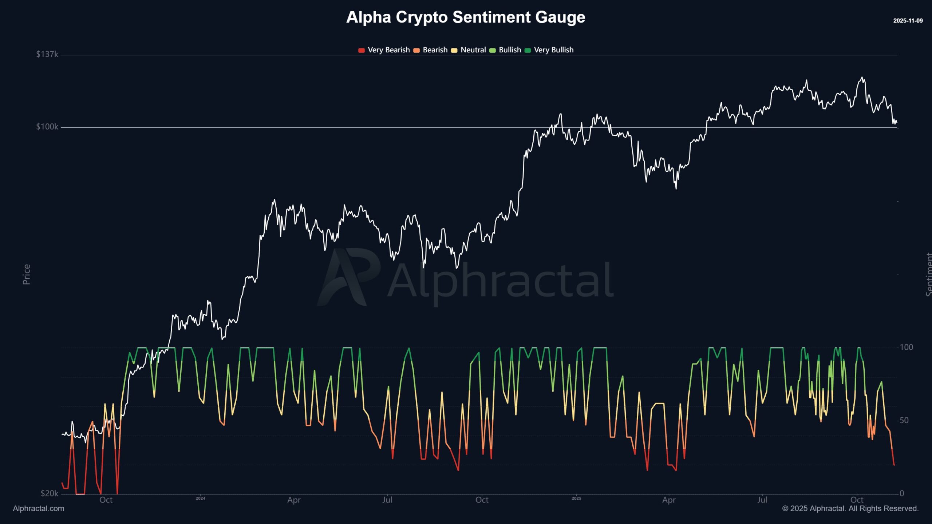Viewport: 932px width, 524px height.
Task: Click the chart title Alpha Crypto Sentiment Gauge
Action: [466, 17]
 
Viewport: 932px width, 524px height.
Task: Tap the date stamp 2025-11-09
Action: [908, 21]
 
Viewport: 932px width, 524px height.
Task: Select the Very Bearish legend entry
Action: [384, 50]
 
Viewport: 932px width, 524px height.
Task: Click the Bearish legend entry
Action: [431, 50]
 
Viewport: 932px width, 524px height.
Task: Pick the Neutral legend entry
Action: [469, 50]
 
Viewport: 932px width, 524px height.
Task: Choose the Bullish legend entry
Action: [506, 50]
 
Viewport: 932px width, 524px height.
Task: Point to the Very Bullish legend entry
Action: [549, 50]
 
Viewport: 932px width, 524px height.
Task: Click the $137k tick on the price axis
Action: [47, 54]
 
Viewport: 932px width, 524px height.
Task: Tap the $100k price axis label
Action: [47, 127]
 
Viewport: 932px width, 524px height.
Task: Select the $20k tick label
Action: [49, 493]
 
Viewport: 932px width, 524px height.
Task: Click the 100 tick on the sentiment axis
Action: [906, 347]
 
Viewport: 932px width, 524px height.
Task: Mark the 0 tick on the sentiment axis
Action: [902, 493]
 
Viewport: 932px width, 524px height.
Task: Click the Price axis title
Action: [27, 274]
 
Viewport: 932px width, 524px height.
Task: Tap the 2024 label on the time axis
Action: [200, 499]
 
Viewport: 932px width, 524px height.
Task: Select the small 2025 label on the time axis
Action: [576, 499]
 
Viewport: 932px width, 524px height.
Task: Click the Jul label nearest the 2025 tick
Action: [762, 500]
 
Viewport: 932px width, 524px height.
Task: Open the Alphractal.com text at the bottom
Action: [39, 509]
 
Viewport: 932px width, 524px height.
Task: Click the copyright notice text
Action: [850, 509]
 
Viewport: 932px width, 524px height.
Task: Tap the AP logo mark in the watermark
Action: [348, 277]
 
